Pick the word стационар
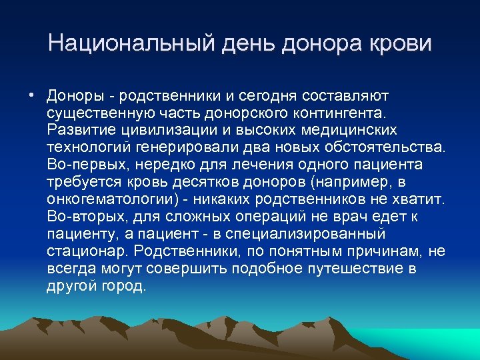[87, 251]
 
